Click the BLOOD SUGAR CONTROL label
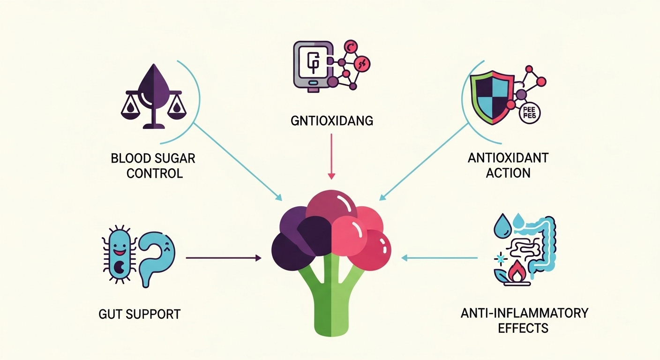pos(153,165)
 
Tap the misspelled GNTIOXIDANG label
pos(331,121)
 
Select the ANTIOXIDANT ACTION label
pos(508,165)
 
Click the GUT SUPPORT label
pos(140,314)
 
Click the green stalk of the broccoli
pos(331,305)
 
